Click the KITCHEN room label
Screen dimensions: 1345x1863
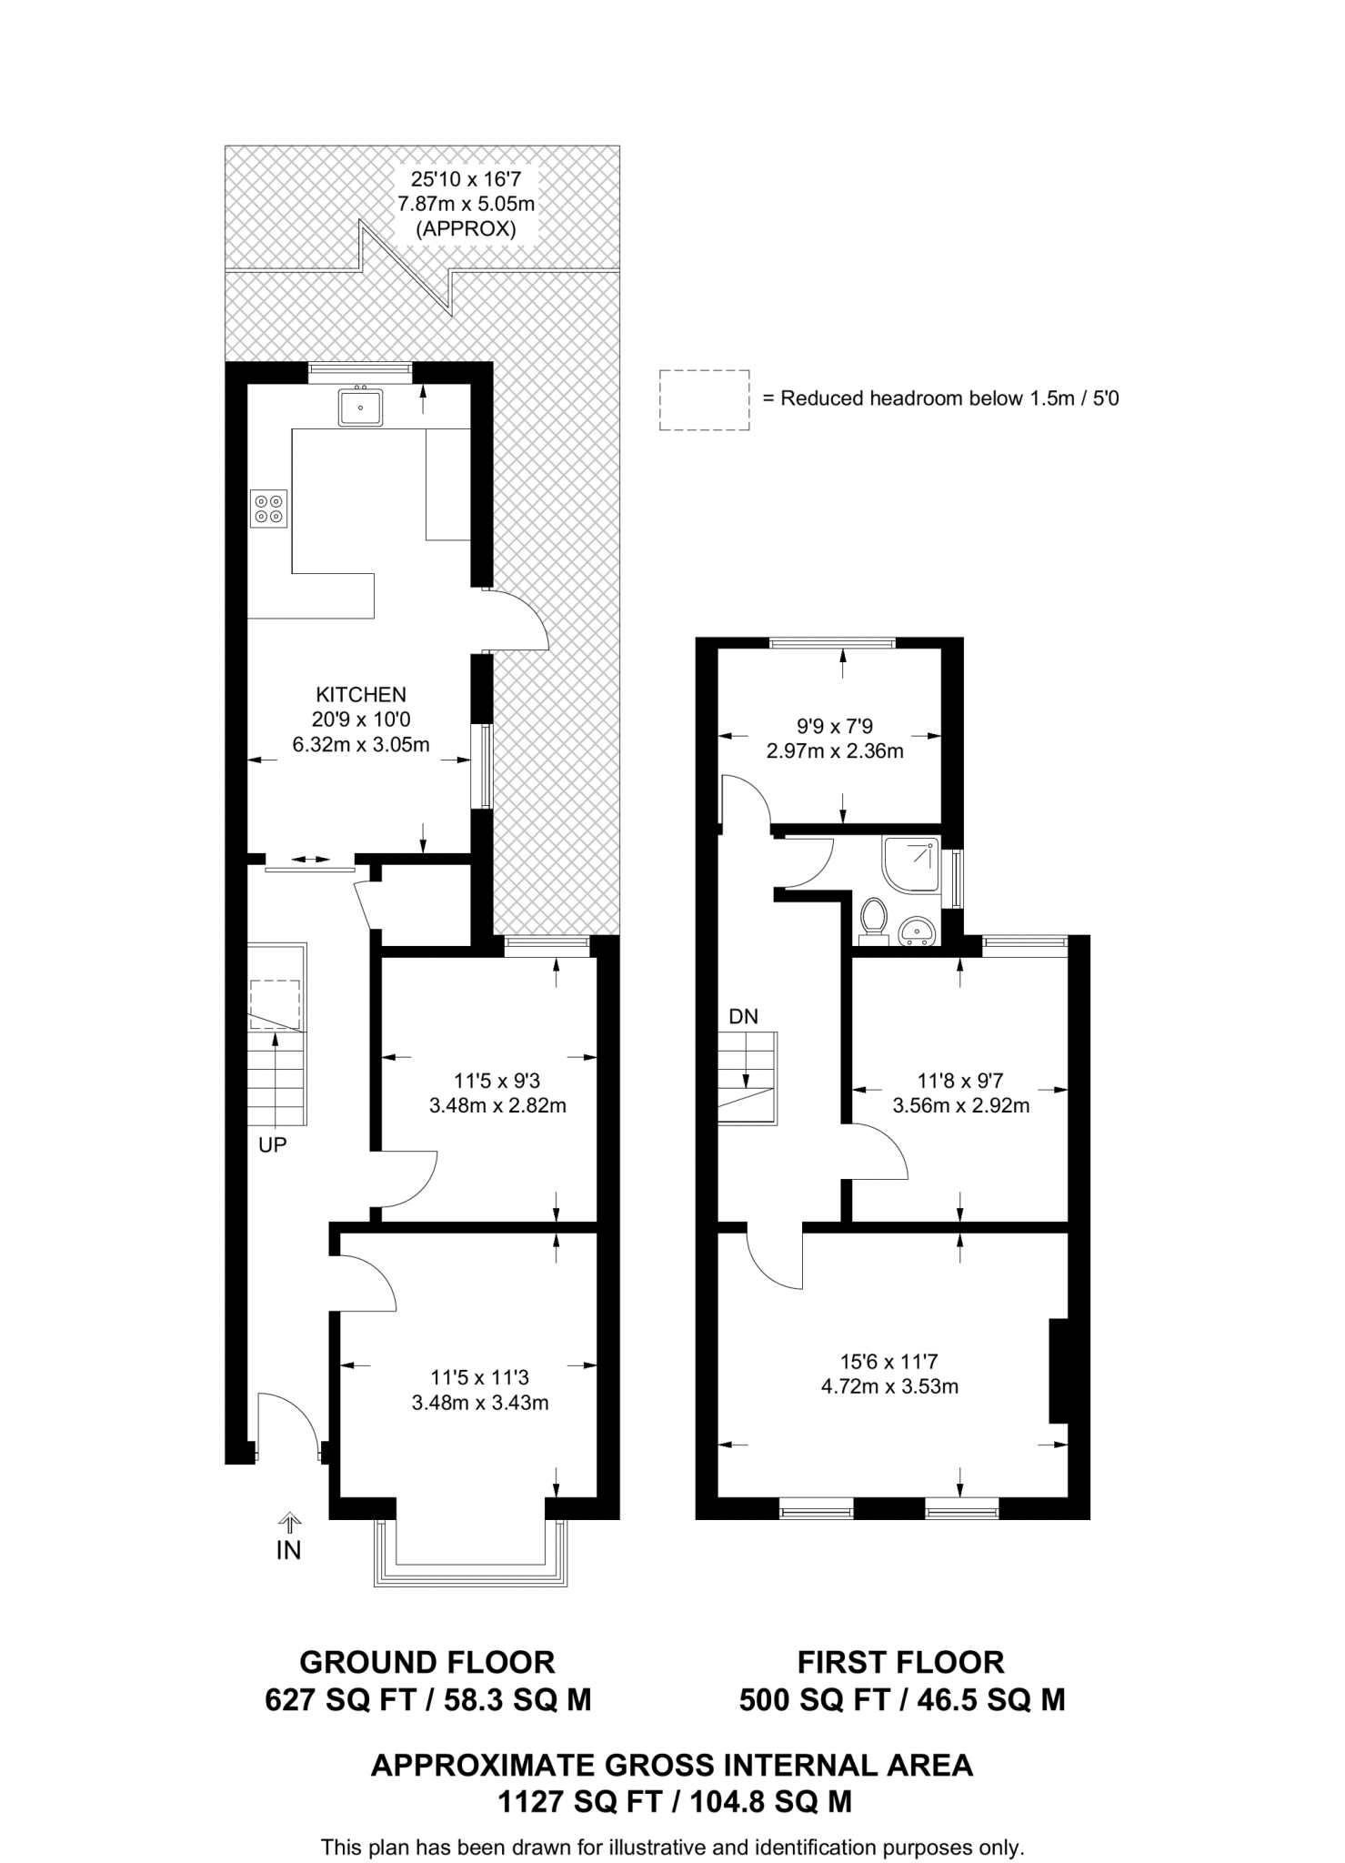point(361,695)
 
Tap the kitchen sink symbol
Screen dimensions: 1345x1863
point(361,406)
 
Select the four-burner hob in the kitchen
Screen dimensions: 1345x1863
point(268,509)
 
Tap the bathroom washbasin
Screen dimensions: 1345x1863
point(916,932)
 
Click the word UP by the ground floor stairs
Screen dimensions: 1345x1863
point(272,1146)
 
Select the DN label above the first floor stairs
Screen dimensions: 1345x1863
point(743,1017)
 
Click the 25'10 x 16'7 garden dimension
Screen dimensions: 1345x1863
point(466,180)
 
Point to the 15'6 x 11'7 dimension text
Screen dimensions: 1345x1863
point(888,1362)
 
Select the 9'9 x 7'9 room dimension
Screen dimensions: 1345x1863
point(835,726)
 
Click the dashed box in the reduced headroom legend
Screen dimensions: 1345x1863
point(705,399)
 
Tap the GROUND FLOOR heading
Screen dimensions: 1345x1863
point(427,1662)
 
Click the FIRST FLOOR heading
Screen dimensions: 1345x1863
point(901,1662)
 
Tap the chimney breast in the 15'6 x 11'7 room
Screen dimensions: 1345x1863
point(1059,1370)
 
